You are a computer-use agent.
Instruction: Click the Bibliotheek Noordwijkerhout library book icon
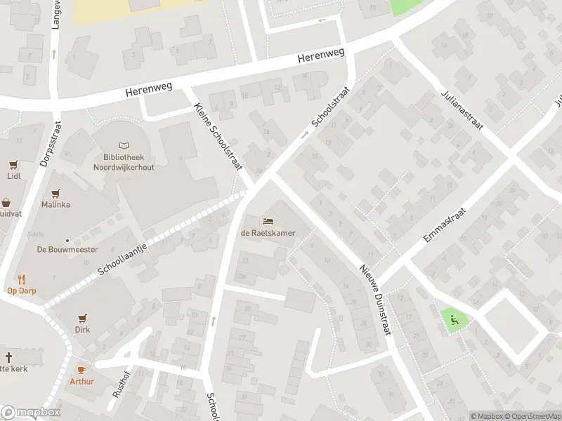(124, 145)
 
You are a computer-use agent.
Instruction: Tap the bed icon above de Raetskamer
(268, 221)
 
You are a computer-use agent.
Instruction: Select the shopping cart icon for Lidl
(13, 165)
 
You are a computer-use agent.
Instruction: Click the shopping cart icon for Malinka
(56, 193)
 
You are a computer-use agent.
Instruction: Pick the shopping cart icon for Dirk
(83, 317)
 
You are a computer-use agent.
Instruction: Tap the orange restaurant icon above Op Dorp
(21, 278)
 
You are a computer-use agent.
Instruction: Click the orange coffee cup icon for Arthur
(81, 370)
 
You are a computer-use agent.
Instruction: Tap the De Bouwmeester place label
(67, 249)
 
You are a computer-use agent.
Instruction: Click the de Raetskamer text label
(268, 233)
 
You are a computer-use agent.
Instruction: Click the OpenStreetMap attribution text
(532, 416)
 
